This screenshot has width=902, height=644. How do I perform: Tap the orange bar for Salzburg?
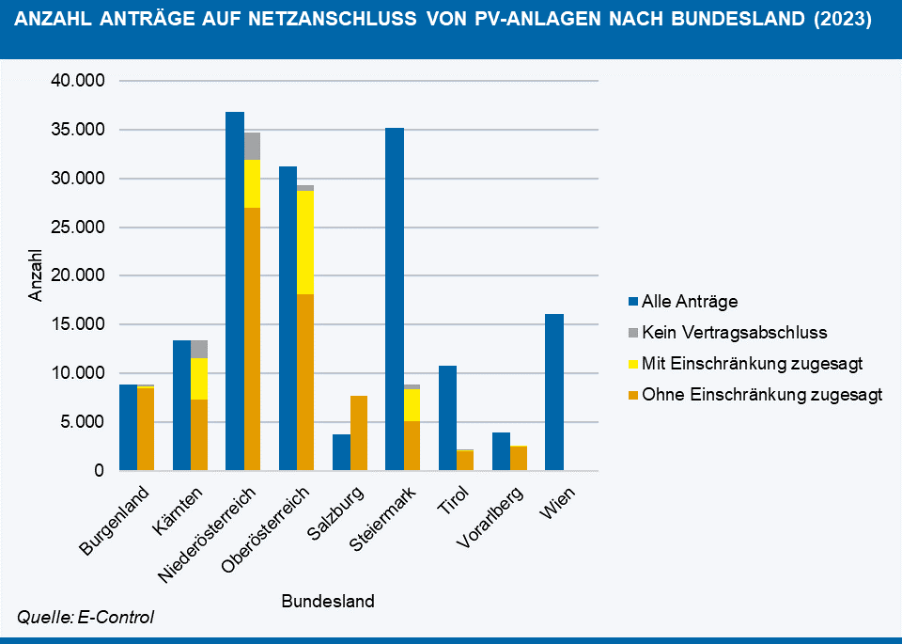coord(359,433)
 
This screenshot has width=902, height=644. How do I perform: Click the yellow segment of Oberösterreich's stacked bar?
coord(305,243)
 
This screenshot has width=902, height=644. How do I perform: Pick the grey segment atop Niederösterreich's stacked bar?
coord(252,146)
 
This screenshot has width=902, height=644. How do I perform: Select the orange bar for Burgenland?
coord(146,429)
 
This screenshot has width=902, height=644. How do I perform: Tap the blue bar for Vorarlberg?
coord(501,451)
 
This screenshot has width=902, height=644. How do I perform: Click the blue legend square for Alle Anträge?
coord(632,302)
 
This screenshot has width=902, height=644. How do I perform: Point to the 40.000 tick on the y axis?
coord(77,81)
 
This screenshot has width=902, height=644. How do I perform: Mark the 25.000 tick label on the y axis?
coord(77,228)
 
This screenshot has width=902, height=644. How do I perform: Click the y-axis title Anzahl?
coord(37,275)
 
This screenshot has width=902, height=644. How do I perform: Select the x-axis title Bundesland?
coord(328,602)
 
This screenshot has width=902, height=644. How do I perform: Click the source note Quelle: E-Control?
coord(86,618)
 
